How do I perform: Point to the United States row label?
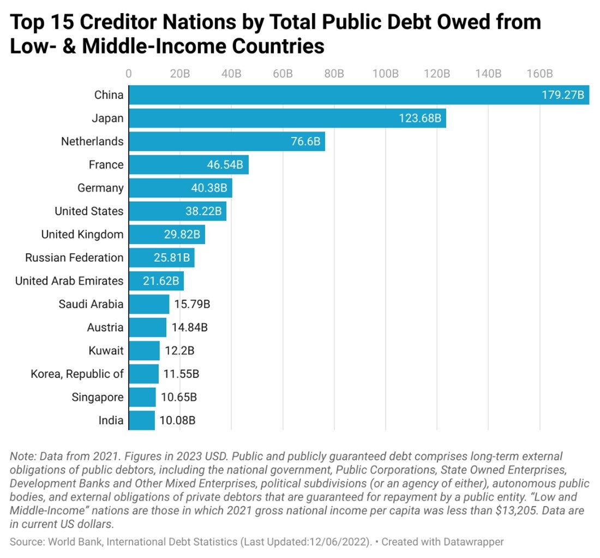point(89,211)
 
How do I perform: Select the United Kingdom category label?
point(82,235)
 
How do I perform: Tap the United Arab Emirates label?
point(69,281)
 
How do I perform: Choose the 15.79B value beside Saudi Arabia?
point(192,304)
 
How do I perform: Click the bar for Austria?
point(147,327)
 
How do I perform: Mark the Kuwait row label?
point(106,350)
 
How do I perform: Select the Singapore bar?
point(142,397)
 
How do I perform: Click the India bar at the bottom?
point(141,420)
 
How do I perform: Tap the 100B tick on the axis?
point(386,74)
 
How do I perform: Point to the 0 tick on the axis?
point(129,74)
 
